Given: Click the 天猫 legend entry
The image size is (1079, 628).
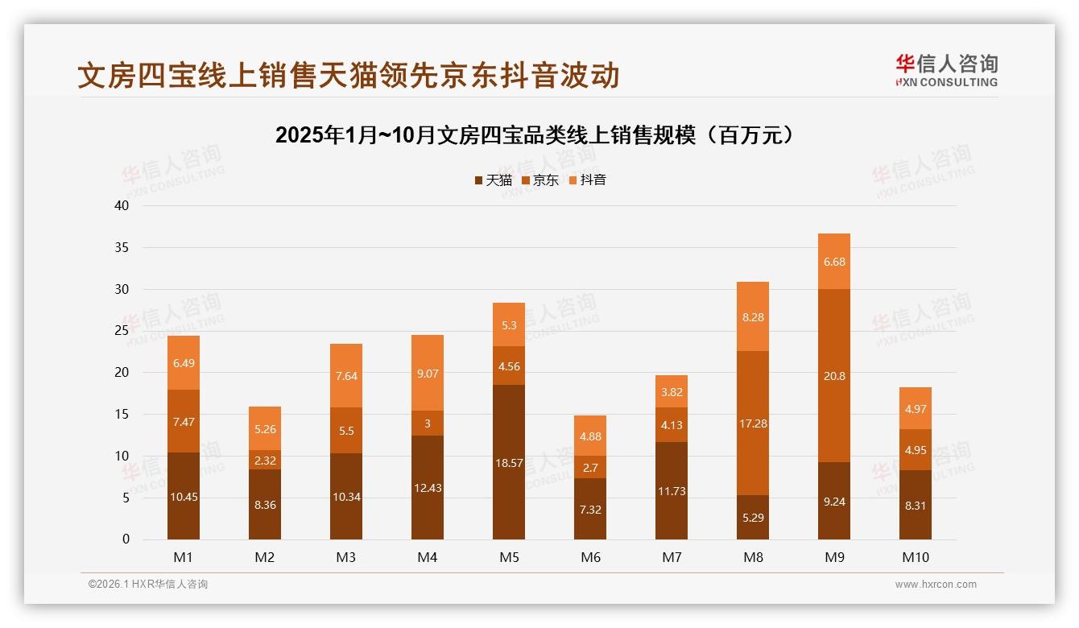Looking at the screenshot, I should point(493,180).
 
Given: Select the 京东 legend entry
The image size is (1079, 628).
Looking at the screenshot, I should point(540,180).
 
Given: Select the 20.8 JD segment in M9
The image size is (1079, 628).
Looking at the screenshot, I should point(834,375).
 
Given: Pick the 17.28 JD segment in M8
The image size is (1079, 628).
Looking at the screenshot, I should point(753,423).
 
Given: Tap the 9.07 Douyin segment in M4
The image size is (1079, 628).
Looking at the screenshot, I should point(428,373).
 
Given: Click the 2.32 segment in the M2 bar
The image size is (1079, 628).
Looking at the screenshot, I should point(265,460).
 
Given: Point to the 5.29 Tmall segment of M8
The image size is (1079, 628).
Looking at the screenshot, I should point(753,517).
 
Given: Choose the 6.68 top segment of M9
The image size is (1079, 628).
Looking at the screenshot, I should point(834,262).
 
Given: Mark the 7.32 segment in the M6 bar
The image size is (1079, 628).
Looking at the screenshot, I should point(590,509).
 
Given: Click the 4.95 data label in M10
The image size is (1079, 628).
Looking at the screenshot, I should point(916,450).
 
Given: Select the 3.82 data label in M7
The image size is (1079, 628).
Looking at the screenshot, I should point(672,392).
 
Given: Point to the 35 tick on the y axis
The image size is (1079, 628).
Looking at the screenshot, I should point(122,247).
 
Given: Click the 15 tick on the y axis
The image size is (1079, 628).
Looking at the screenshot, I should point(122,414).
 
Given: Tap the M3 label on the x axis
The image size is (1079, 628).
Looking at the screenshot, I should point(346,557).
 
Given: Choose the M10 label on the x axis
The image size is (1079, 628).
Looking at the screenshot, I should point(916,557).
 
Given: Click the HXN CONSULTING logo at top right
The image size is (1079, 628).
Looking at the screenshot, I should point(947,71).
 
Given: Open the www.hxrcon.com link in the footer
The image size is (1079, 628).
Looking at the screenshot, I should point(936,585).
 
